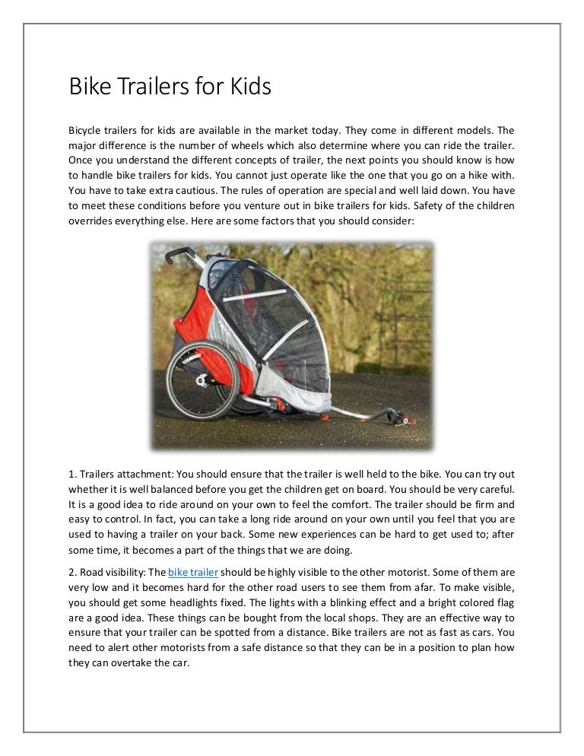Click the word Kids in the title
tap(245, 87)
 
